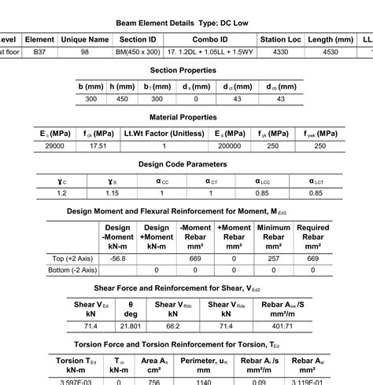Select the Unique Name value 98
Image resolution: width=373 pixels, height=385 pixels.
[84, 52]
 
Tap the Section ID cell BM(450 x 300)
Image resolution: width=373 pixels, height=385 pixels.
[138, 52]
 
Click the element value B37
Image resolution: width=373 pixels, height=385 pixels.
[39, 52]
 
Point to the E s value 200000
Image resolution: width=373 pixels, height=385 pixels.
[229, 145]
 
